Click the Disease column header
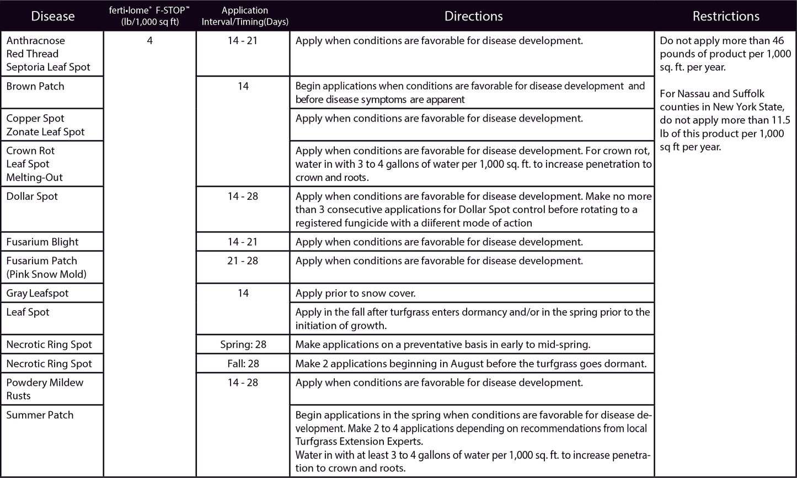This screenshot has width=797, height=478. pyautogui.click(x=53, y=16)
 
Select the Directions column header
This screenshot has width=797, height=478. pyautogui.click(x=473, y=16)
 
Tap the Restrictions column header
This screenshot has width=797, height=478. pyautogui.click(x=726, y=16)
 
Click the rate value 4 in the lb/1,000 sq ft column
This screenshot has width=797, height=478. pyautogui.click(x=149, y=40)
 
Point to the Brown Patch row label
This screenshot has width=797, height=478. pyautogui.click(x=35, y=86)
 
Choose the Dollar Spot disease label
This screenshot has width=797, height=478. pyautogui.click(x=32, y=196)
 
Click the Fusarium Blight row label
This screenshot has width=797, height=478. pyautogui.click(x=42, y=242)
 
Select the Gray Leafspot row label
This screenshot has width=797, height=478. pyautogui.click(x=38, y=293)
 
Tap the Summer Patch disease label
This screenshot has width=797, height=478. pyautogui.click(x=40, y=415)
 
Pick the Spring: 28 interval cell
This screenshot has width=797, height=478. pyautogui.click(x=243, y=344)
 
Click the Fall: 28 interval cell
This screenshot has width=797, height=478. pyautogui.click(x=243, y=364)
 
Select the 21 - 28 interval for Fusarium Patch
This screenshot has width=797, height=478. pyautogui.click(x=243, y=261)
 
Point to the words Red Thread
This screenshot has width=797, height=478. pyautogui.click(x=32, y=54)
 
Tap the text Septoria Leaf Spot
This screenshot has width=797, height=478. pyautogui.click(x=48, y=67)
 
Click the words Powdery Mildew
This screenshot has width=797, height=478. pyautogui.click(x=45, y=383)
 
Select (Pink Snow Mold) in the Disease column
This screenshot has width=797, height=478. pyautogui.click(x=46, y=274)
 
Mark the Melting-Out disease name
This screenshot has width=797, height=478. pyautogui.click(x=34, y=177)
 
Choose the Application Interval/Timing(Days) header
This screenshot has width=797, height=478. pyautogui.click(x=243, y=16)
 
